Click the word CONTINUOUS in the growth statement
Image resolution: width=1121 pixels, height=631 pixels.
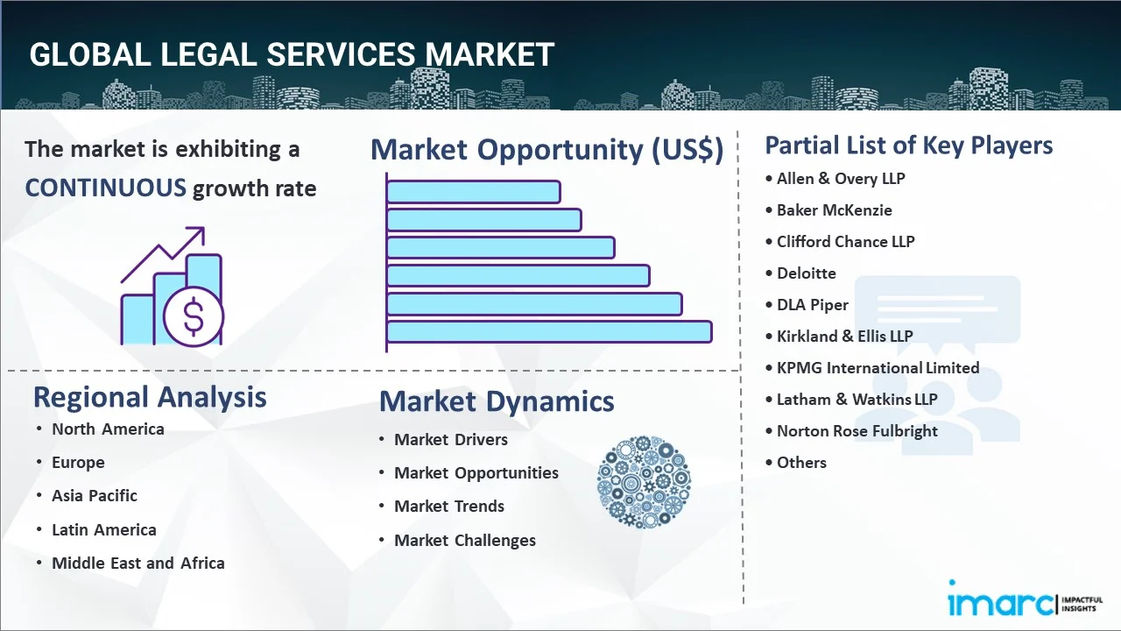(106, 188)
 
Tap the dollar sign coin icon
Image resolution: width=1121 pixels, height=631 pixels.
(194, 316)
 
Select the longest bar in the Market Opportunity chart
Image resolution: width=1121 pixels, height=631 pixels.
(549, 332)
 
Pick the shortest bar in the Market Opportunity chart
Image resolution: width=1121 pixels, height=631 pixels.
(474, 192)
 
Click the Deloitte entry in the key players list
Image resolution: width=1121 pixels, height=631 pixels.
(807, 273)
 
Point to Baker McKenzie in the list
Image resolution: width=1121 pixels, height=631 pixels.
(835, 210)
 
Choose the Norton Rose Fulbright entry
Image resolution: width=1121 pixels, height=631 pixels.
(857, 431)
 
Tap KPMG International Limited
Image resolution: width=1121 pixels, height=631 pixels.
(878, 368)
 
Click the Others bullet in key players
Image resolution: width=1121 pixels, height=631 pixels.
(801, 463)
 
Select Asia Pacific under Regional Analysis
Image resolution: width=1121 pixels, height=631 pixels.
(95, 496)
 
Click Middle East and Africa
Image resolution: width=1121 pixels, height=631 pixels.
(138, 564)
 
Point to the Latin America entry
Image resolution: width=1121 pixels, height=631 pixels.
(104, 530)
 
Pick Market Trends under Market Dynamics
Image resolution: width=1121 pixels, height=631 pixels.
(449, 507)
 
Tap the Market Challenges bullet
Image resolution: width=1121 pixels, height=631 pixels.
(465, 541)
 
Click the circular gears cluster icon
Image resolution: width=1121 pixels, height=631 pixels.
(644, 482)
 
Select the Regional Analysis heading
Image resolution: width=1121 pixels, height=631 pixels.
(150, 398)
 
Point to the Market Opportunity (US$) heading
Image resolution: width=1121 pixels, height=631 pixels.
(547, 149)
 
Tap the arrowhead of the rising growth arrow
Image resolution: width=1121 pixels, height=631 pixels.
(198, 234)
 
